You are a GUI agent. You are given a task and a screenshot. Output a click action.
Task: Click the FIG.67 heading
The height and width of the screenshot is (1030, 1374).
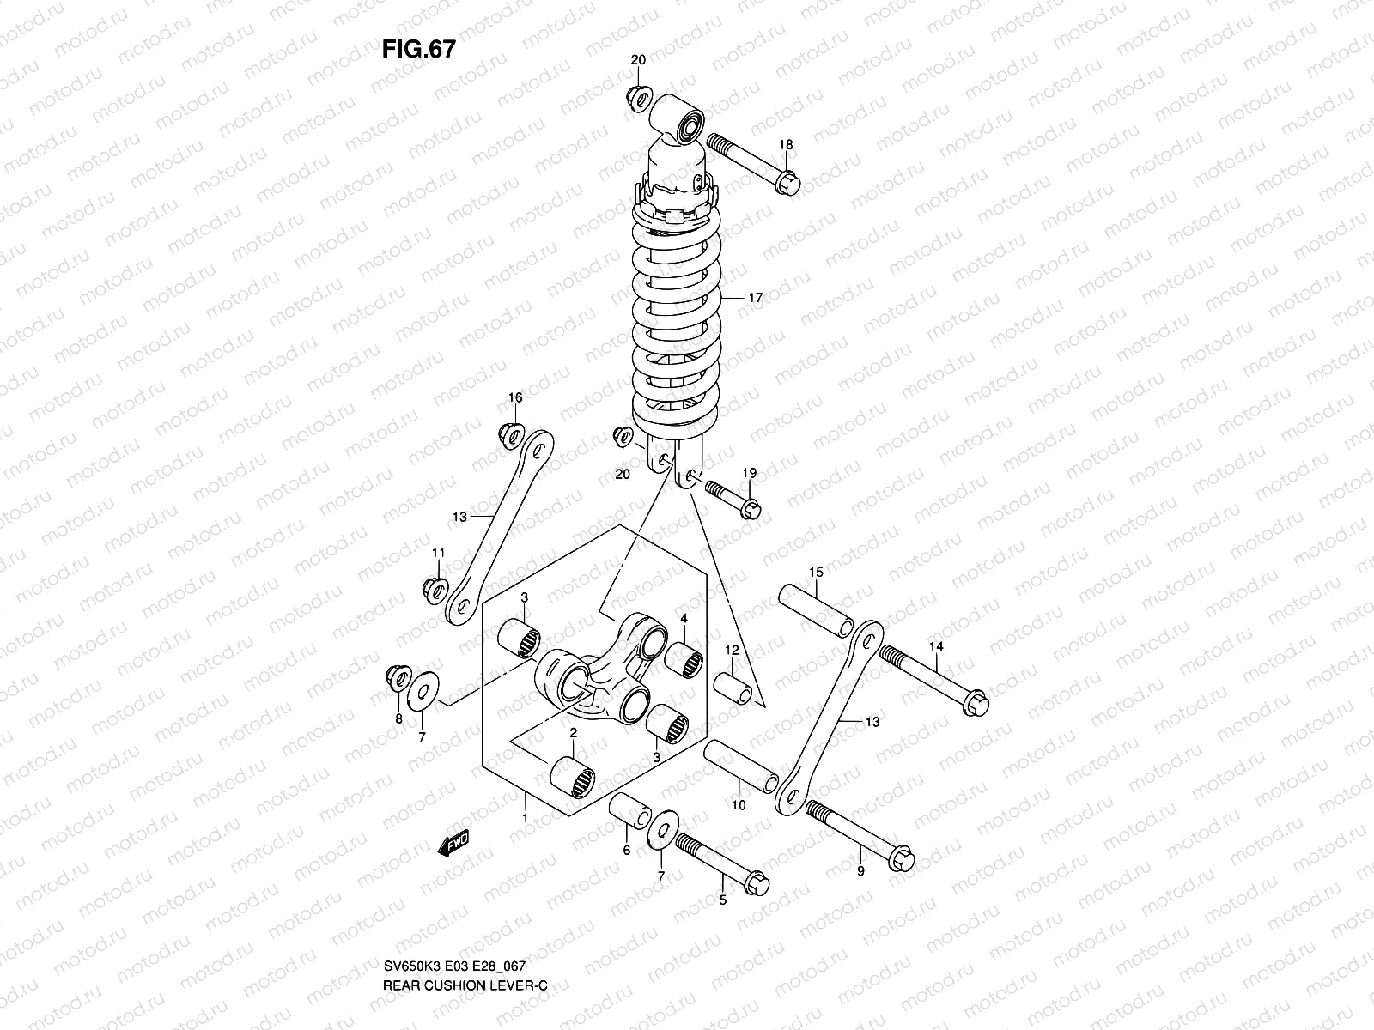point(418,49)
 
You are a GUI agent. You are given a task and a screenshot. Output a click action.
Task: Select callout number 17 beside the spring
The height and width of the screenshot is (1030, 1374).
point(755,298)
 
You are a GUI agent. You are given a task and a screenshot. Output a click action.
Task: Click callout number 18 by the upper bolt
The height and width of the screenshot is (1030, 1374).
point(786,145)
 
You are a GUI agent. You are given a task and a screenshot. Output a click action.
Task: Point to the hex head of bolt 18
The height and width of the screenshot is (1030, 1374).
point(787,183)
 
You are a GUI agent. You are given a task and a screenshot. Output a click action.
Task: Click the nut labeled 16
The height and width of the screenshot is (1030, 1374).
point(508,433)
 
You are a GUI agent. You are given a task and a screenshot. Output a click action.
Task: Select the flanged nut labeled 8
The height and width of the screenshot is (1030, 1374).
point(396,677)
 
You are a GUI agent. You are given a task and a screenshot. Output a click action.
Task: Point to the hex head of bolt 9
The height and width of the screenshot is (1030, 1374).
point(902,857)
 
